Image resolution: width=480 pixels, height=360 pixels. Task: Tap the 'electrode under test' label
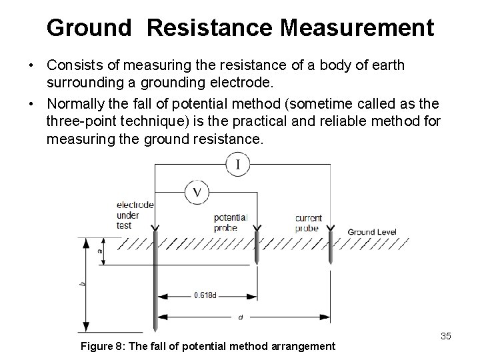click(x=135, y=215)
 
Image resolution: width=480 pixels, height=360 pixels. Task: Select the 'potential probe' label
click(x=231, y=222)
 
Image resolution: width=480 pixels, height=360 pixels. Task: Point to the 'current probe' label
click(x=308, y=222)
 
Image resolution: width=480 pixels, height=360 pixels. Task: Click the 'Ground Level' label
click(x=372, y=232)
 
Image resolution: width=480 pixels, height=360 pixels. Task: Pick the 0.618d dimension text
click(x=205, y=295)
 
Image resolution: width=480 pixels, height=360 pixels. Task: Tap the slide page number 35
click(x=445, y=336)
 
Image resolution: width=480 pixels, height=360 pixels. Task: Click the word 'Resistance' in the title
click(x=211, y=28)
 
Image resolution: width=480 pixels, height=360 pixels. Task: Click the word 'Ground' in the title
click(x=89, y=28)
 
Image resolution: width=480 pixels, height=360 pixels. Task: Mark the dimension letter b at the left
click(x=82, y=283)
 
